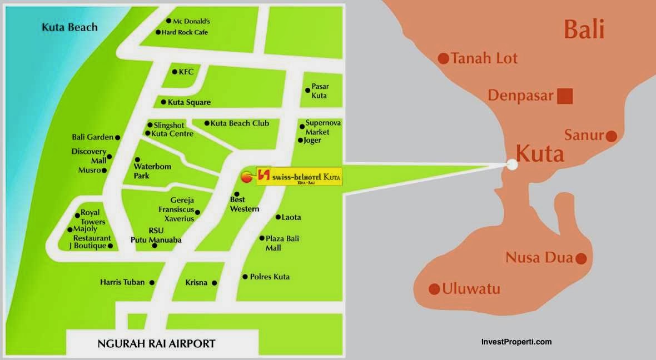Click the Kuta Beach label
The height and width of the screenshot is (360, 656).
(x=69, y=27)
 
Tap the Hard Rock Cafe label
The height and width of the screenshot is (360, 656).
(x=185, y=32)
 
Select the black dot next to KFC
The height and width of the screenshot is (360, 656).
(x=174, y=72)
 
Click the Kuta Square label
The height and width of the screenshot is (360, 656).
(x=189, y=102)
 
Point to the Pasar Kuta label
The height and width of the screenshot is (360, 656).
(x=319, y=91)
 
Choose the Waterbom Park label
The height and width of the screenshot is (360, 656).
(x=152, y=171)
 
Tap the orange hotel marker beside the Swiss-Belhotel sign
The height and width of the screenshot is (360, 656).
(x=246, y=177)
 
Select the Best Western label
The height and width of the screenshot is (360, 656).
(x=245, y=204)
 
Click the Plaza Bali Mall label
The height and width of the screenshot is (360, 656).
(x=282, y=243)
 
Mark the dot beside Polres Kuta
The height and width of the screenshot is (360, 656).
(x=245, y=277)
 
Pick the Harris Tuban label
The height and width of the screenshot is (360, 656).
(x=122, y=282)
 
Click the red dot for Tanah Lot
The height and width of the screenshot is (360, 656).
(x=444, y=58)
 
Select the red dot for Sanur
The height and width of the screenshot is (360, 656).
(x=611, y=136)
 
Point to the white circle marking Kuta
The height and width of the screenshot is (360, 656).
(x=512, y=164)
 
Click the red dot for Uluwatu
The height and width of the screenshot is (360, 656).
(x=434, y=289)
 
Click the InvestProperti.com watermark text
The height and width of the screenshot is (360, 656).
(x=516, y=342)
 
